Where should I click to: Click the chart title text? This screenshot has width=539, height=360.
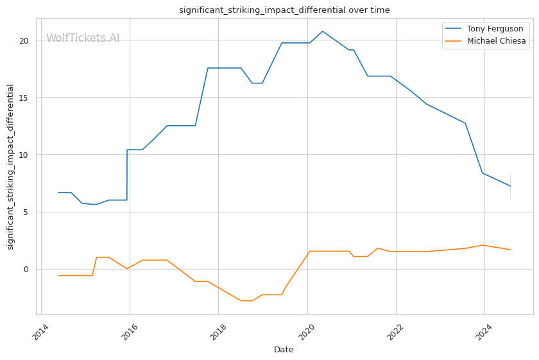tap(284, 10)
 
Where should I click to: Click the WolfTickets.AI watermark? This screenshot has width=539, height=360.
tap(83, 39)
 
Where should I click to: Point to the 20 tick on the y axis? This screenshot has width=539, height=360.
tap(24, 40)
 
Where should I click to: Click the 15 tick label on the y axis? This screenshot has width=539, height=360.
tap(24, 98)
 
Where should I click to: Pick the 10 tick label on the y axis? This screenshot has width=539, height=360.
tap(24, 155)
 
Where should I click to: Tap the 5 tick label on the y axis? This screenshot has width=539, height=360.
tap(26, 212)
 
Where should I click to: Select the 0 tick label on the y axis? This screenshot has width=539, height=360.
tap(26, 269)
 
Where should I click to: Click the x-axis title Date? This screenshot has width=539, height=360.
tap(284, 350)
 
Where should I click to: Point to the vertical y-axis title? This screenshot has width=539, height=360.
tap(10, 167)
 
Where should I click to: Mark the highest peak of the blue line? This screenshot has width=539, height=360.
tap(322, 31)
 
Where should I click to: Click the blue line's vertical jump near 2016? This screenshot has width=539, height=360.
tap(127, 175)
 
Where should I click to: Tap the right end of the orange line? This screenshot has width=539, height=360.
tap(510, 250)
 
